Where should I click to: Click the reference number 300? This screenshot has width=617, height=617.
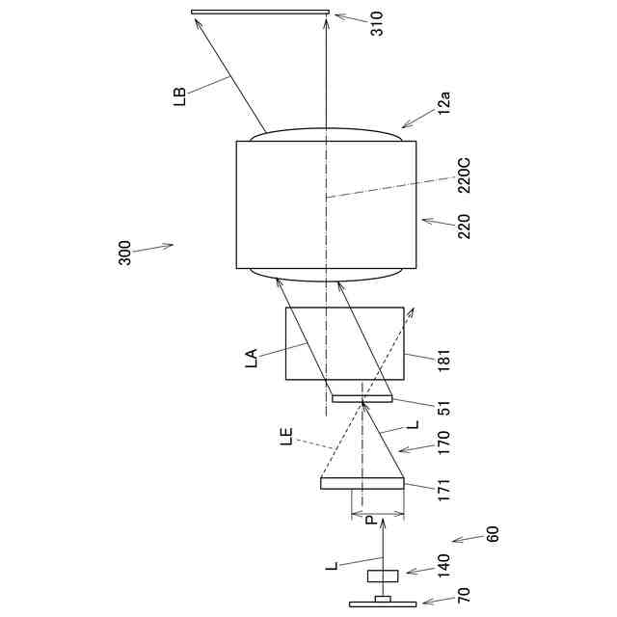125,253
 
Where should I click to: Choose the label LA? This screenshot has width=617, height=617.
252,360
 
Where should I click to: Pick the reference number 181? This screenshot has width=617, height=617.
443,359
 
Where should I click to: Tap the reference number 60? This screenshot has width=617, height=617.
493,533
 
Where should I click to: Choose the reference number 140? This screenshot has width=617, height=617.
443,565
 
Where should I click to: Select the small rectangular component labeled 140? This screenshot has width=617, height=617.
383,577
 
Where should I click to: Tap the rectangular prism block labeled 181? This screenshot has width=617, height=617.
344,344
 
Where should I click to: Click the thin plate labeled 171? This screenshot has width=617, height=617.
362,484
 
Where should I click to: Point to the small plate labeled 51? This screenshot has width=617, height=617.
362,397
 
